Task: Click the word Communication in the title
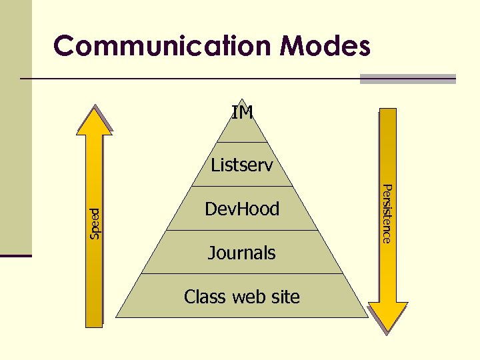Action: [x=163, y=46]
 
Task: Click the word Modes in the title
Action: [x=325, y=46]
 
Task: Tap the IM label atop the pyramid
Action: [x=242, y=113]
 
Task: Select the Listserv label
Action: [x=242, y=165]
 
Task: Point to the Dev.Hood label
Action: [x=242, y=209]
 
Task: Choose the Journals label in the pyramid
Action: [x=242, y=253]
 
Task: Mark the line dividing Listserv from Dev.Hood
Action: [x=242, y=186]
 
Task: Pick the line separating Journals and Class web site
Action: [x=242, y=274]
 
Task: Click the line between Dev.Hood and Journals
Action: [x=242, y=231]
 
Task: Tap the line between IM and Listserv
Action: [x=242, y=143]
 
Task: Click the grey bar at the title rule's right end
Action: [x=407, y=79]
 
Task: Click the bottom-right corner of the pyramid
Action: [x=366, y=317]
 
